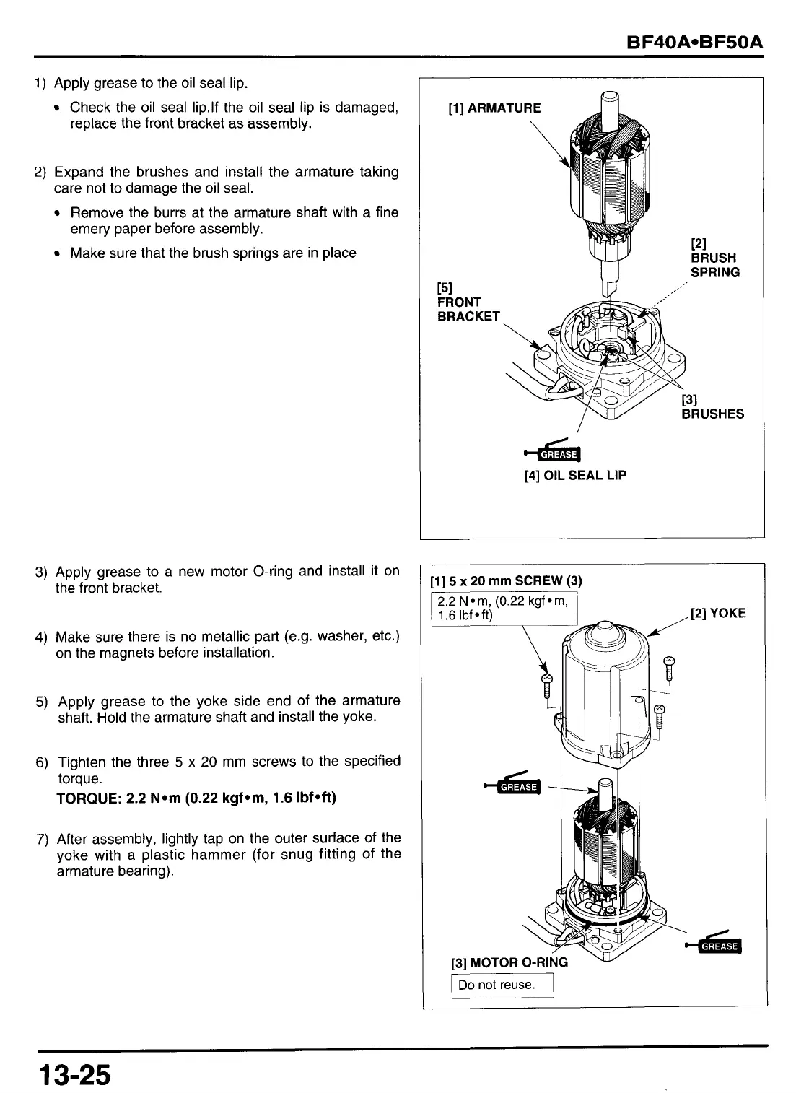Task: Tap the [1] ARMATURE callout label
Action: pyautogui.click(x=494, y=108)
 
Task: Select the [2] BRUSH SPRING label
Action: pyautogui.click(x=714, y=258)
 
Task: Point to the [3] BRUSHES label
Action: pyautogui.click(x=712, y=406)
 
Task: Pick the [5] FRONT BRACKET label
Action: pyautogui.click(x=468, y=302)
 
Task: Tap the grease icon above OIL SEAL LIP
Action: pyautogui.click(x=556, y=453)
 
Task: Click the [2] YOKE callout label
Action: pyautogui.click(x=717, y=613)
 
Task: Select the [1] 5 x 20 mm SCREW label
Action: pyautogui.click(x=505, y=580)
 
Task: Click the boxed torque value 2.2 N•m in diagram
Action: pyautogui.click(x=504, y=607)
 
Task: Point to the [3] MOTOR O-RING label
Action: pyautogui.click(x=509, y=962)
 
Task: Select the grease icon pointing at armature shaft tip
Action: pyautogui.click(x=514, y=785)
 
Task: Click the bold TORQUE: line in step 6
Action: pyautogui.click(x=196, y=798)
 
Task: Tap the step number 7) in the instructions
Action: pyautogui.click(x=43, y=839)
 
